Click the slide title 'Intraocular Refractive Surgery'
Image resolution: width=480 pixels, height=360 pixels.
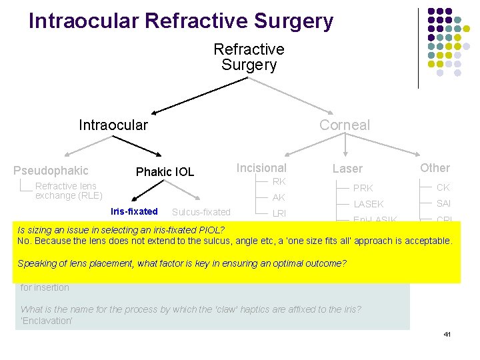point(181,21)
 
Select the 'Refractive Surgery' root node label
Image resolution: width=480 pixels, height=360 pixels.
point(249,57)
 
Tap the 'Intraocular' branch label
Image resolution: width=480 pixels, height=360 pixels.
point(113,125)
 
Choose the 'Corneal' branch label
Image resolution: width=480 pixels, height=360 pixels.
point(344,125)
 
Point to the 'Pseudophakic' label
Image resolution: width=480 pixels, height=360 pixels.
point(51,171)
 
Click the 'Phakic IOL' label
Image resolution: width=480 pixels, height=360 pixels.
point(165,172)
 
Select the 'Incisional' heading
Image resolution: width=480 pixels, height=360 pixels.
point(261,168)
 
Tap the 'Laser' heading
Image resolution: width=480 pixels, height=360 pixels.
point(347,169)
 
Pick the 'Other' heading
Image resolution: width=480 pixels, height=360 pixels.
point(435,168)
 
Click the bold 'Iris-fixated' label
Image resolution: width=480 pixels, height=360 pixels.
point(134,211)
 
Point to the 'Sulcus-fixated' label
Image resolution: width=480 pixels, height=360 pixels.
point(201,212)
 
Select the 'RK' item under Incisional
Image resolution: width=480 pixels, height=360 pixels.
point(279,181)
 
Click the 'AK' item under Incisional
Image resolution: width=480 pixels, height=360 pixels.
point(279,197)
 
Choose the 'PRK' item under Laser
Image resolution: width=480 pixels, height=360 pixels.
point(363,188)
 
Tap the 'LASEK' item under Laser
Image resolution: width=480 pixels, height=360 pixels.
point(368,204)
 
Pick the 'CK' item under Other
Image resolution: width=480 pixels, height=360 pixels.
point(443,187)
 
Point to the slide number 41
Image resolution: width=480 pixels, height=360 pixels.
point(447,333)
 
